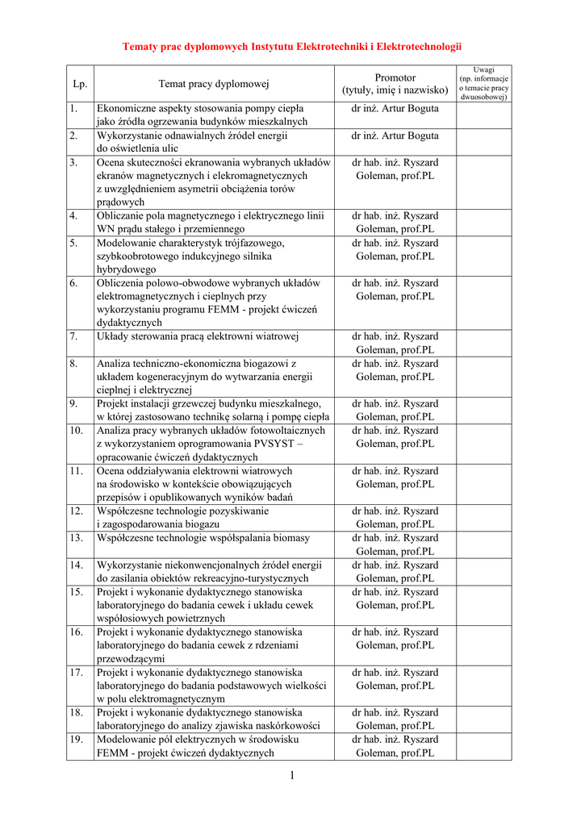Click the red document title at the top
(x=292, y=48)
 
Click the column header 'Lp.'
(x=80, y=84)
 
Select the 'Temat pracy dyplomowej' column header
(x=214, y=84)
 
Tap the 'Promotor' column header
(x=395, y=84)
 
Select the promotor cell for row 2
(x=395, y=136)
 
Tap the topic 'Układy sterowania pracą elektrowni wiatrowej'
(x=198, y=336)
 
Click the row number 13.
(x=77, y=538)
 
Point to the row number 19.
(x=77, y=740)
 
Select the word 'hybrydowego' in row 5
(x=127, y=269)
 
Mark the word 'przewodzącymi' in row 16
(x=131, y=659)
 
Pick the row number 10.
(x=77, y=431)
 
